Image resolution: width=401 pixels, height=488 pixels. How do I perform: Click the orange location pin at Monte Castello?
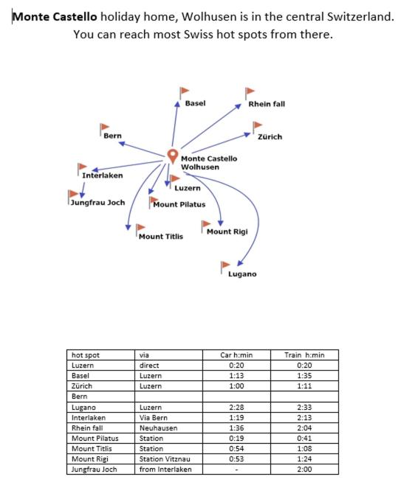[x=172, y=156]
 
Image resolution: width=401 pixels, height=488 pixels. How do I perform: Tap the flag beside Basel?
[x=184, y=93]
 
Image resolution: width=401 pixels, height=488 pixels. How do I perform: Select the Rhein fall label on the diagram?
[x=267, y=104]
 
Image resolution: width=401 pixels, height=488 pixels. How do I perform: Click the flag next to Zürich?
[x=257, y=128]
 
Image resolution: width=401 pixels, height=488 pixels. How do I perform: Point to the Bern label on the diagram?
[x=112, y=136]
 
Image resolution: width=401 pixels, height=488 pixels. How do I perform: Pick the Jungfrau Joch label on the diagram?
[x=97, y=203]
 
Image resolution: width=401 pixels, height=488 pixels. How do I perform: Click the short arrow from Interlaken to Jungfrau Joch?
[x=83, y=190]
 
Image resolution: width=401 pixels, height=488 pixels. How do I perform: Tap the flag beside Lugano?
[x=225, y=267]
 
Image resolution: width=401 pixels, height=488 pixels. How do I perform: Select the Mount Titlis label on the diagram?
[x=161, y=237]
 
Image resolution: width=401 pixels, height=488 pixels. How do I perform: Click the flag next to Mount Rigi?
[x=206, y=226]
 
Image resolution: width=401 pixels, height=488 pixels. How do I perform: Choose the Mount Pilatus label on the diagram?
[x=179, y=204]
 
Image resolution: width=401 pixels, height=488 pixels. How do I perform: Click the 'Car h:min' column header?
[x=236, y=355]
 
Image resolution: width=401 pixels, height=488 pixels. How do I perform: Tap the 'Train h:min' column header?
[x=304, y=355]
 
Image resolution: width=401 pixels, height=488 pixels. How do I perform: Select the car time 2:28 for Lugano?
[x=236, y=407]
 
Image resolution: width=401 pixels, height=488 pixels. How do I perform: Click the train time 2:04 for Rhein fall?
[x=304, y=428]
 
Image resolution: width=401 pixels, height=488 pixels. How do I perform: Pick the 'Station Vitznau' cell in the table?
[x=165, y=459]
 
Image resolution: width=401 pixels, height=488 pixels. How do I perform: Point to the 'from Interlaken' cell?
[x=165, y=470]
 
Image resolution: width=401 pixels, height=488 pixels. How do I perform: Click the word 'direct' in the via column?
[x=149, y=366]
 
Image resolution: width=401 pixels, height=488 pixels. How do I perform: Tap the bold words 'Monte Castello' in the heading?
[x=55, y=16]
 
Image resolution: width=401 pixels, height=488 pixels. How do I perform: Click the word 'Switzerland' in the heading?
[x=360, y=16]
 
